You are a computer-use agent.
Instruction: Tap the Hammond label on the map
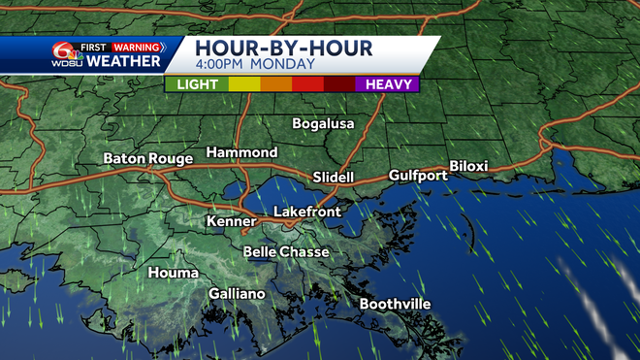(x=241, y=153)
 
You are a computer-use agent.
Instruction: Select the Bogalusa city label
(x=324, y=124)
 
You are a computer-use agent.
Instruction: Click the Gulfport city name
(x=418, y=176)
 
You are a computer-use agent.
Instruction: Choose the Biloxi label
(x=468, y=166)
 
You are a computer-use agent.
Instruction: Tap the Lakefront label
(x=306, y=212)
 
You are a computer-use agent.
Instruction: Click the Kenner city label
(x=231, y=222)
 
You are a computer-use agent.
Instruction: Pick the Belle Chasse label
(x=286, y=252)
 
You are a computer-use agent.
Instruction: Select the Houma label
(x=173, y=273)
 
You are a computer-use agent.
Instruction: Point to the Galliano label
(x=237, y=294)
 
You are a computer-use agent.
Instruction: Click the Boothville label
(x=395, y=304)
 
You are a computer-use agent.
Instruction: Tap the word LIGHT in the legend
(x=197, y=84)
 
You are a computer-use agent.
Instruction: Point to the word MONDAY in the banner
(x=283, y=65)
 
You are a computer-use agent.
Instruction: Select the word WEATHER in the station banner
(x=123, y=62)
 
